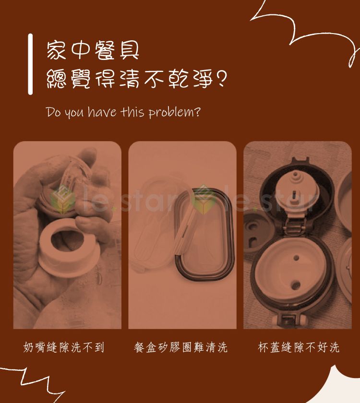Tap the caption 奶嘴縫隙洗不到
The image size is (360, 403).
point(64,347)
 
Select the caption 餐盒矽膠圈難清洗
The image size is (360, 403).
point(180,347)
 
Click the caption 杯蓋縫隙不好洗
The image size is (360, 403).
point(299,347)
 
